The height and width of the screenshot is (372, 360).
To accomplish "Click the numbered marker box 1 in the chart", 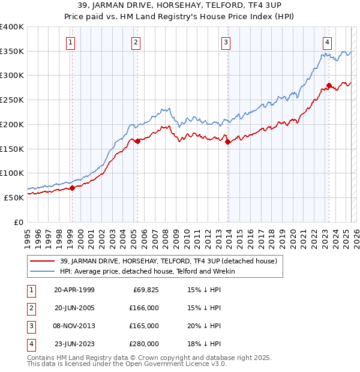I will [71, 42].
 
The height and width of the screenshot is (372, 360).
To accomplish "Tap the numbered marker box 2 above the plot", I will [136, 42].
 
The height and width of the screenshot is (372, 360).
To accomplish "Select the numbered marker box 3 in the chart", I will [226, 42].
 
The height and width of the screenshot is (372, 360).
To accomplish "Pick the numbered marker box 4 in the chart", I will [327, 42].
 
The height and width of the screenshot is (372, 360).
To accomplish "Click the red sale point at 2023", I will [329, 85].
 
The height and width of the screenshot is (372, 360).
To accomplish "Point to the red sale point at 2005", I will [137, 141].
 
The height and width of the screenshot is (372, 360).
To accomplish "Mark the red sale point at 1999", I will [73, 188].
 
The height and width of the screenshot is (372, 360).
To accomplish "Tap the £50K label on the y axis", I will [14, 197].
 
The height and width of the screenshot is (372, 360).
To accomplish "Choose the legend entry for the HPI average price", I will [147, 272].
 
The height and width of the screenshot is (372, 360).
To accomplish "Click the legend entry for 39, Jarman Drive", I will [168, 261].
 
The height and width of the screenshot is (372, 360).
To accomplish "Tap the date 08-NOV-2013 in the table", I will [74, 326].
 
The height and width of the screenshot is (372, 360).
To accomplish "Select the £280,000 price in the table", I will [144, 344].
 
